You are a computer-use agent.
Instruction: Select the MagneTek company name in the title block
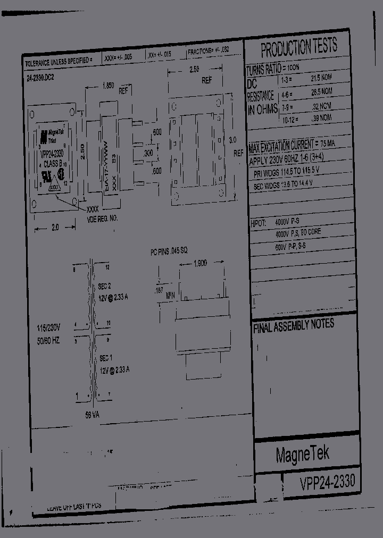click(303, 453)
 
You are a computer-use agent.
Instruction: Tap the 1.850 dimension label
click(107, 86)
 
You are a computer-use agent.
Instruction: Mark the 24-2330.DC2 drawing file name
click(40, 78)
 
